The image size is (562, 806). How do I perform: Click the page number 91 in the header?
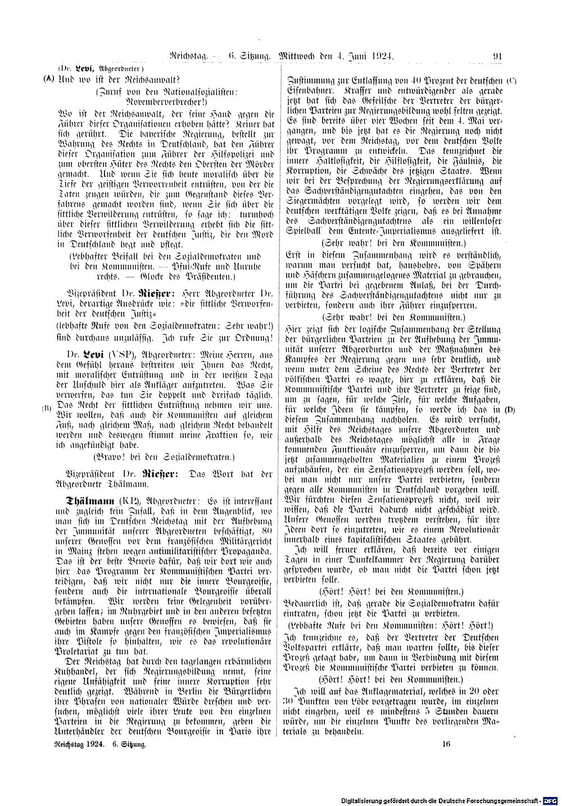pos(497,56)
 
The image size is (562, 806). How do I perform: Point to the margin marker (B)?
pos(48,409)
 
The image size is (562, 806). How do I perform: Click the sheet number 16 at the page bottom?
pos(447,744)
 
